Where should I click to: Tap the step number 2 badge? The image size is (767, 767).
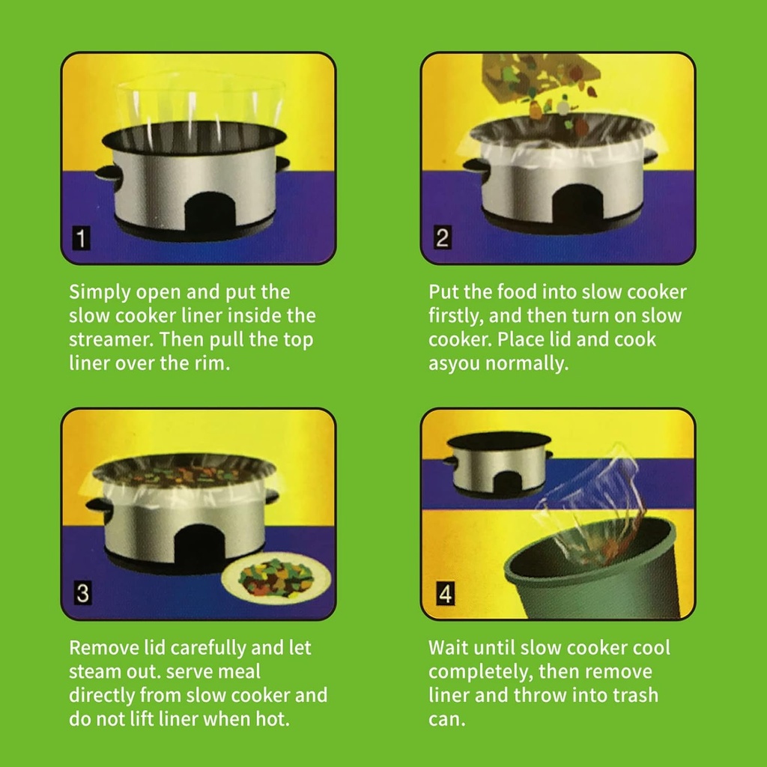point(442,239)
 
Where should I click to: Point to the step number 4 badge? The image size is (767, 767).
point(445,595)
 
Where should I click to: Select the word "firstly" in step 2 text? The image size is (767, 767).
point(457,315)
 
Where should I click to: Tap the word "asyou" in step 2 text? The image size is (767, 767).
point(455,364)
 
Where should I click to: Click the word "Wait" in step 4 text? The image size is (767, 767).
point(449,648)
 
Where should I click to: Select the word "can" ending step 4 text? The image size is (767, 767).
point(445,719)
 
